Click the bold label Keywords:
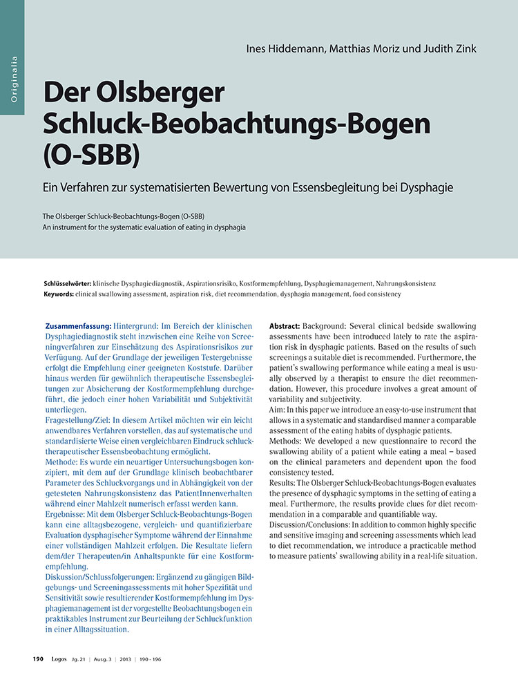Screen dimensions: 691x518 [x=58, y=294]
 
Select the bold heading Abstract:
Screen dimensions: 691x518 [x=284, y=325]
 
